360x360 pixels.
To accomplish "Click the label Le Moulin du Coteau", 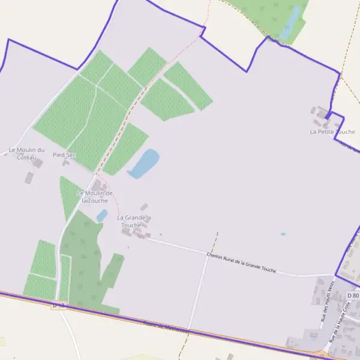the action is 26,153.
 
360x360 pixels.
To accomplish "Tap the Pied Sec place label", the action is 64,154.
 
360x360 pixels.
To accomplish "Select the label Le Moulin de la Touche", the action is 95,196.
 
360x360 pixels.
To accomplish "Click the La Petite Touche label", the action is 332,131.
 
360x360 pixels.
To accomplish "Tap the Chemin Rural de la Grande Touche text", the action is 241,262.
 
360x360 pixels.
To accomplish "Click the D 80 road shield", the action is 353,296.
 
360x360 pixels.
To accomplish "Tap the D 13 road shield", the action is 58,305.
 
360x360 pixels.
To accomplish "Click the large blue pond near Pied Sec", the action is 144,163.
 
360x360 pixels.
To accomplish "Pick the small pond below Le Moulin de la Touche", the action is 102,214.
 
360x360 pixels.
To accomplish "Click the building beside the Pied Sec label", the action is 65,162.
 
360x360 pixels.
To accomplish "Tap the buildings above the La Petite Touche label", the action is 322,113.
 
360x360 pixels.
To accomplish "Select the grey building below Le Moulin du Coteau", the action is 29,177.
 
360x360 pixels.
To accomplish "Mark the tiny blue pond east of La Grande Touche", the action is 283,233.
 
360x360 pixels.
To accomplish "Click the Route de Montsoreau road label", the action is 166,327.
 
